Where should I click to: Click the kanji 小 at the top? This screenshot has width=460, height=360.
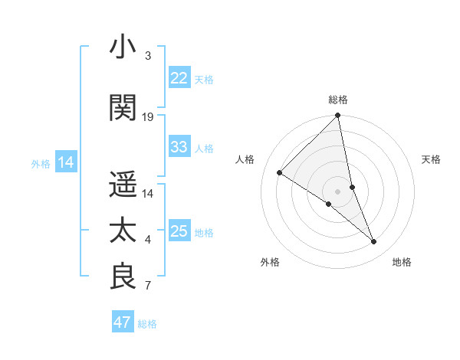point(123,47)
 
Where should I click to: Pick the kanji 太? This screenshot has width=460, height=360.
point(123,231)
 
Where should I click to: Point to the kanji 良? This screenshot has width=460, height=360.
point(123,277)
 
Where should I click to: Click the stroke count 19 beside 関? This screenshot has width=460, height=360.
point(148,117)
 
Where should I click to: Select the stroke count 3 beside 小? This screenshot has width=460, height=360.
point(148,56)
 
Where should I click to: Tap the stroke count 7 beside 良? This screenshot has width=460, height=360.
point(148,286)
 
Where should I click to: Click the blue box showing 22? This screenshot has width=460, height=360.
point(179,78)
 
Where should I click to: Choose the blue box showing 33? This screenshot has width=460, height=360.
point(179,147)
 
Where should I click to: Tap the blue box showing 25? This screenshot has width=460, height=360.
point(179,231)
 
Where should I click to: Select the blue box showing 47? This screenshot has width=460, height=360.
point(123,322)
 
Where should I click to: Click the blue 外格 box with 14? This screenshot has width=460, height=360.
point(65,162)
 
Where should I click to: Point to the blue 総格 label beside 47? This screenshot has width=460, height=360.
point(147,324)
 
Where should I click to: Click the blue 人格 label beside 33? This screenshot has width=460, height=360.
point(204,148)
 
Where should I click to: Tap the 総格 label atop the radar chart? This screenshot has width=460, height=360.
point(337,100)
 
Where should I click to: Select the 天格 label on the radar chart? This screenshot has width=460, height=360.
point(431,159)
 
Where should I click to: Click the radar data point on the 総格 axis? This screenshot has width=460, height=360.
point(337,116)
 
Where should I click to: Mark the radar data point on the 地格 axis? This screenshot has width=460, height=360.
point(374,242)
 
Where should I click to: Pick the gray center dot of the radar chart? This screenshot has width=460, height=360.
point(337,191)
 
